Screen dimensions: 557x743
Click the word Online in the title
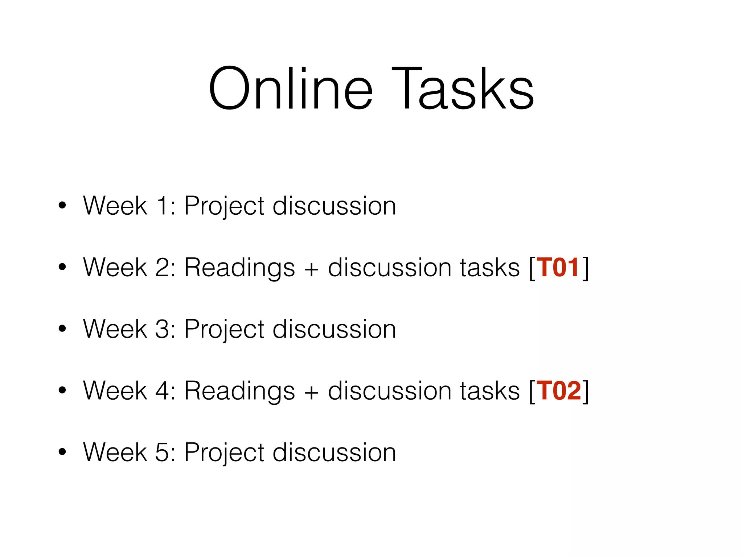[x=291, y=89]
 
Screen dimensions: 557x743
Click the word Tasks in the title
[x=463, y=89]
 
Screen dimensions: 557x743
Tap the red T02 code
[x=559, y=391]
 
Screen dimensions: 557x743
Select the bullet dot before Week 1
[x=62, y=206]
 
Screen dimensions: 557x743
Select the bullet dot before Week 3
[x=62, y=329]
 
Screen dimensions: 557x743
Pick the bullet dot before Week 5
[x=62, y=452]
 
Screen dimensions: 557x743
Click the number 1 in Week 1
[x=162, y=206]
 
